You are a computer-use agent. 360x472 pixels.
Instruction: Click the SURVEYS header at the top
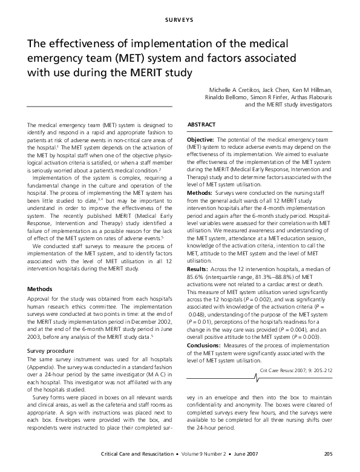[x=180, y=22]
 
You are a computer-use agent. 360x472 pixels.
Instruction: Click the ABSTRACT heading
[x=201, y=125]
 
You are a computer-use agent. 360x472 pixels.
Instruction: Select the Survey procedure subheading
[x=52, y=350]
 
